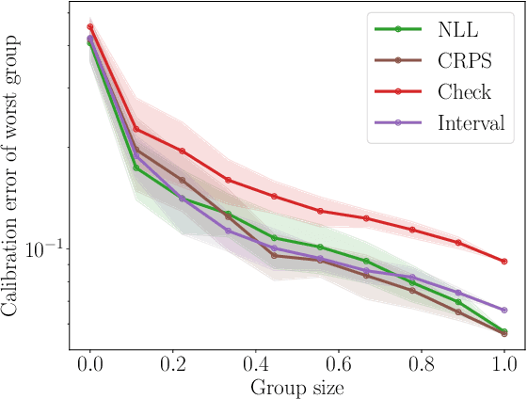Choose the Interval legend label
click(471, 122)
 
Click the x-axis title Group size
click(296, 387)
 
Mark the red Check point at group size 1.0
click(504, 261)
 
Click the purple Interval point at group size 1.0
click(504, 310)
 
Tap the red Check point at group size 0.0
click(90, 27)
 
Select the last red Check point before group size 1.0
click(458, 243)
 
